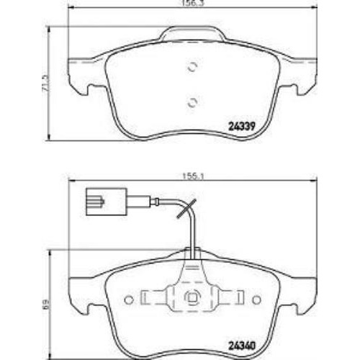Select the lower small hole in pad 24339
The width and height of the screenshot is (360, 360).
pyautogui.click(x=192, y=102)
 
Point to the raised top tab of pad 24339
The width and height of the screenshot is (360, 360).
pyautogui.click(x=192, y=32)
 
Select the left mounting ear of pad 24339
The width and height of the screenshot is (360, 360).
pyautogui.click(x=78, y=84)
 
